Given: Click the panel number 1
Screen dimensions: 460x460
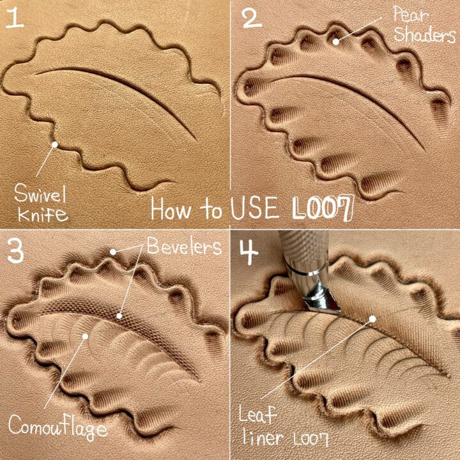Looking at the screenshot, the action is [x=14, y=18].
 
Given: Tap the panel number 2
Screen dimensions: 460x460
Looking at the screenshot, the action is [x=252, y=18].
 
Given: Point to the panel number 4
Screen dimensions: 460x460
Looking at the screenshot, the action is [x=249, y=252].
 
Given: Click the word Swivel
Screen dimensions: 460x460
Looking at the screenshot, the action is [x=40, y=194].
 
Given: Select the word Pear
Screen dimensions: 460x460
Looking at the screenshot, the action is [x=411, y=14].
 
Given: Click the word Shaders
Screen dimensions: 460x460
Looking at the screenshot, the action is [x=424, y=34].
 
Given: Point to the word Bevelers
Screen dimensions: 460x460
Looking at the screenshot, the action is [x=184, y=246].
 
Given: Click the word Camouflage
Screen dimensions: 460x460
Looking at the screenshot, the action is [x=58, y=427].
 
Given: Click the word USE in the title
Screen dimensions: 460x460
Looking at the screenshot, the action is [x=254, y=208].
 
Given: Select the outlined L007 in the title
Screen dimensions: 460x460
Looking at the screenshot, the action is [x=323, y=208].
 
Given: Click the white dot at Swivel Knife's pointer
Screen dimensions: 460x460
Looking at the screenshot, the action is [x=54, y=144].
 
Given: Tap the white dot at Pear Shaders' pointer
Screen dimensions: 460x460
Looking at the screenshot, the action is [x=336, y=42].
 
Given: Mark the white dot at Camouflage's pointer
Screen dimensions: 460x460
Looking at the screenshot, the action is [x=85, y=336].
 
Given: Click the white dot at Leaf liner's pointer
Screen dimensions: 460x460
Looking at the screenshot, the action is [x=372, y=319].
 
